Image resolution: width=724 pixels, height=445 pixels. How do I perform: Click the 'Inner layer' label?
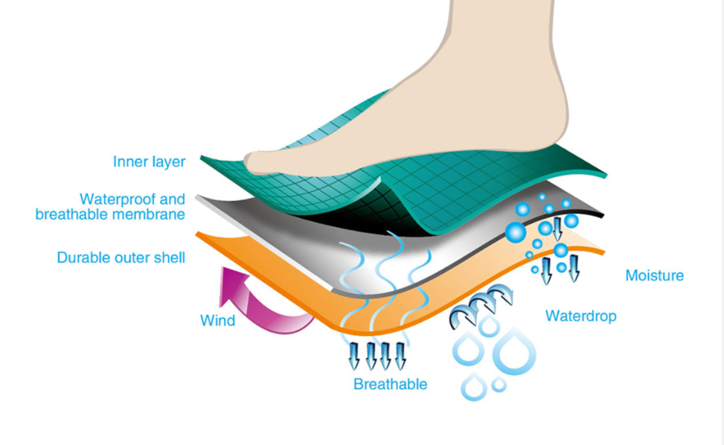coord(149,162)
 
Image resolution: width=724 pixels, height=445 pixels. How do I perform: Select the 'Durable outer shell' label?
coord(121,258)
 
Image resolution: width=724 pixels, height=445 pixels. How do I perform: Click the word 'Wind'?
coord(217,321)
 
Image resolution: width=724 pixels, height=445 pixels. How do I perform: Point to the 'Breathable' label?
coord(390,385)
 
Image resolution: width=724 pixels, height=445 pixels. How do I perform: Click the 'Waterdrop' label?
coord(580,316)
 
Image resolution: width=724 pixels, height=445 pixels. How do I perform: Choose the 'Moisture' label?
coord(654,276)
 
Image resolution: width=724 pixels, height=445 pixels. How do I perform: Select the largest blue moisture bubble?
coord(515,233)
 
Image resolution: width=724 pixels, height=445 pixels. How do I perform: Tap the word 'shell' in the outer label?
coord(168,258)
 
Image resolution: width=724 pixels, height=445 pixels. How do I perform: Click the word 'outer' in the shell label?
coord(129,258)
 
